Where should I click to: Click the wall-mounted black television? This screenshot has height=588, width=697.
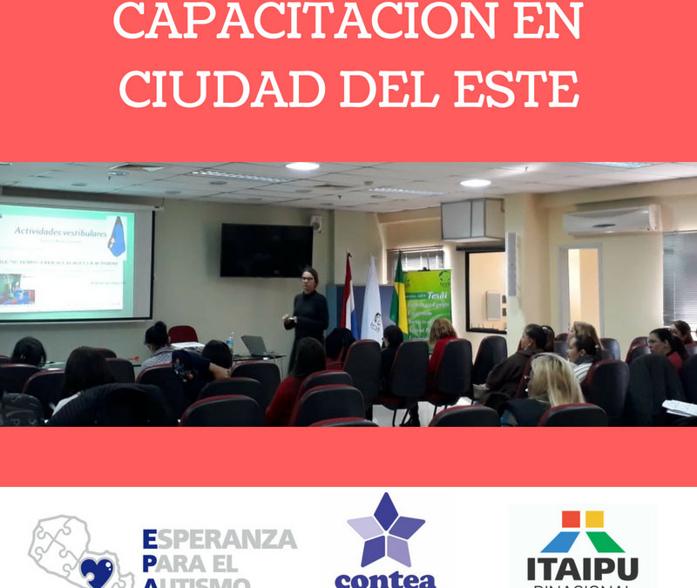tap(266, 250)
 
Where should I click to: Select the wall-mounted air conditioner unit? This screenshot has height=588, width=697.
tap(611, 220)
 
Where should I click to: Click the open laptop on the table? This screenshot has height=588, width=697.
tap(254, 345)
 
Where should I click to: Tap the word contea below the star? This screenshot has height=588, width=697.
tap(385, 578)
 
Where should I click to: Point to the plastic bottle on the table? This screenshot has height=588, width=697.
tap(230, 342)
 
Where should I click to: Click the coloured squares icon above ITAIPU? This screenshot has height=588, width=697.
tap(582, 531)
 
